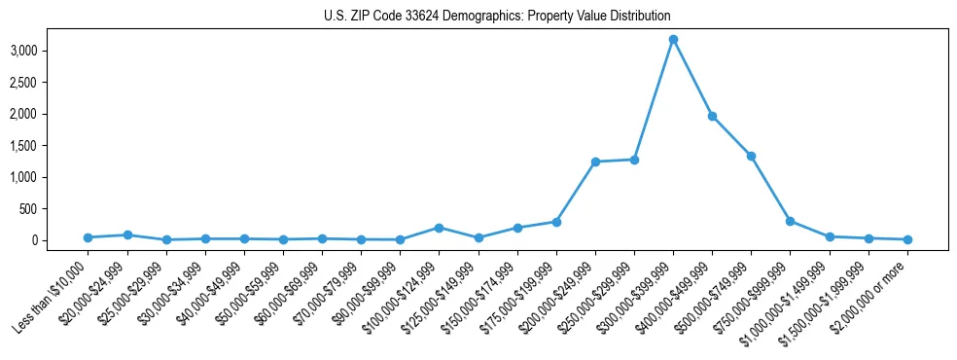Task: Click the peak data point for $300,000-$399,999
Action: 673,39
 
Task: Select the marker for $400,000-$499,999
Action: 712,116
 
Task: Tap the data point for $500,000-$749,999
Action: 751,156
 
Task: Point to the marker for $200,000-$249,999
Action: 595,162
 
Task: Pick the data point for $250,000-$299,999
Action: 634,160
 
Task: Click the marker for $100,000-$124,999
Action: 439,228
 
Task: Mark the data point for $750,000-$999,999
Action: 790,221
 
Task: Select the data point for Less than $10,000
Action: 88,237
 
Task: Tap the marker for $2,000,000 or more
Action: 907,239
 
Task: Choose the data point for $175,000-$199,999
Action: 556,222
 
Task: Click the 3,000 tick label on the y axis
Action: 51,51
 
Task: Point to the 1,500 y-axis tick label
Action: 51,146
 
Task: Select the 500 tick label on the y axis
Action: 55,209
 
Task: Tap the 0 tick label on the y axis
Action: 62,240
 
